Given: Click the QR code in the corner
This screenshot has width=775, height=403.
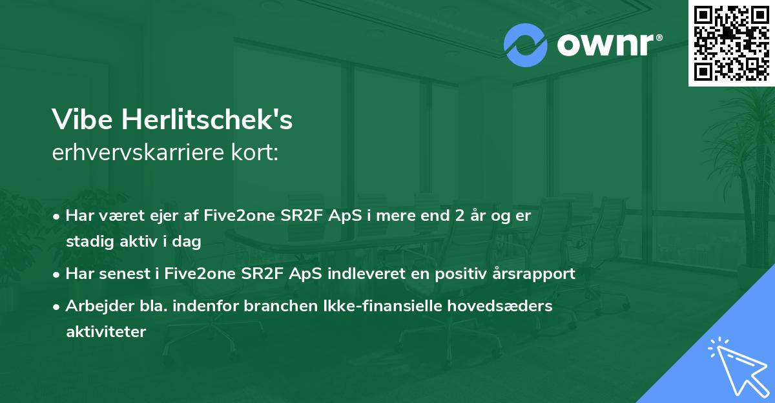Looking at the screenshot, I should point(731,43).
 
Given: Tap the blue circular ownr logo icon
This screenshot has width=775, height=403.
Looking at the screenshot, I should point(526,45).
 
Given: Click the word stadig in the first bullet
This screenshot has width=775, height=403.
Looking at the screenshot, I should point(87,242).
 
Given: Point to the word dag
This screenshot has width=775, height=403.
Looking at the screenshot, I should point(189,242).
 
